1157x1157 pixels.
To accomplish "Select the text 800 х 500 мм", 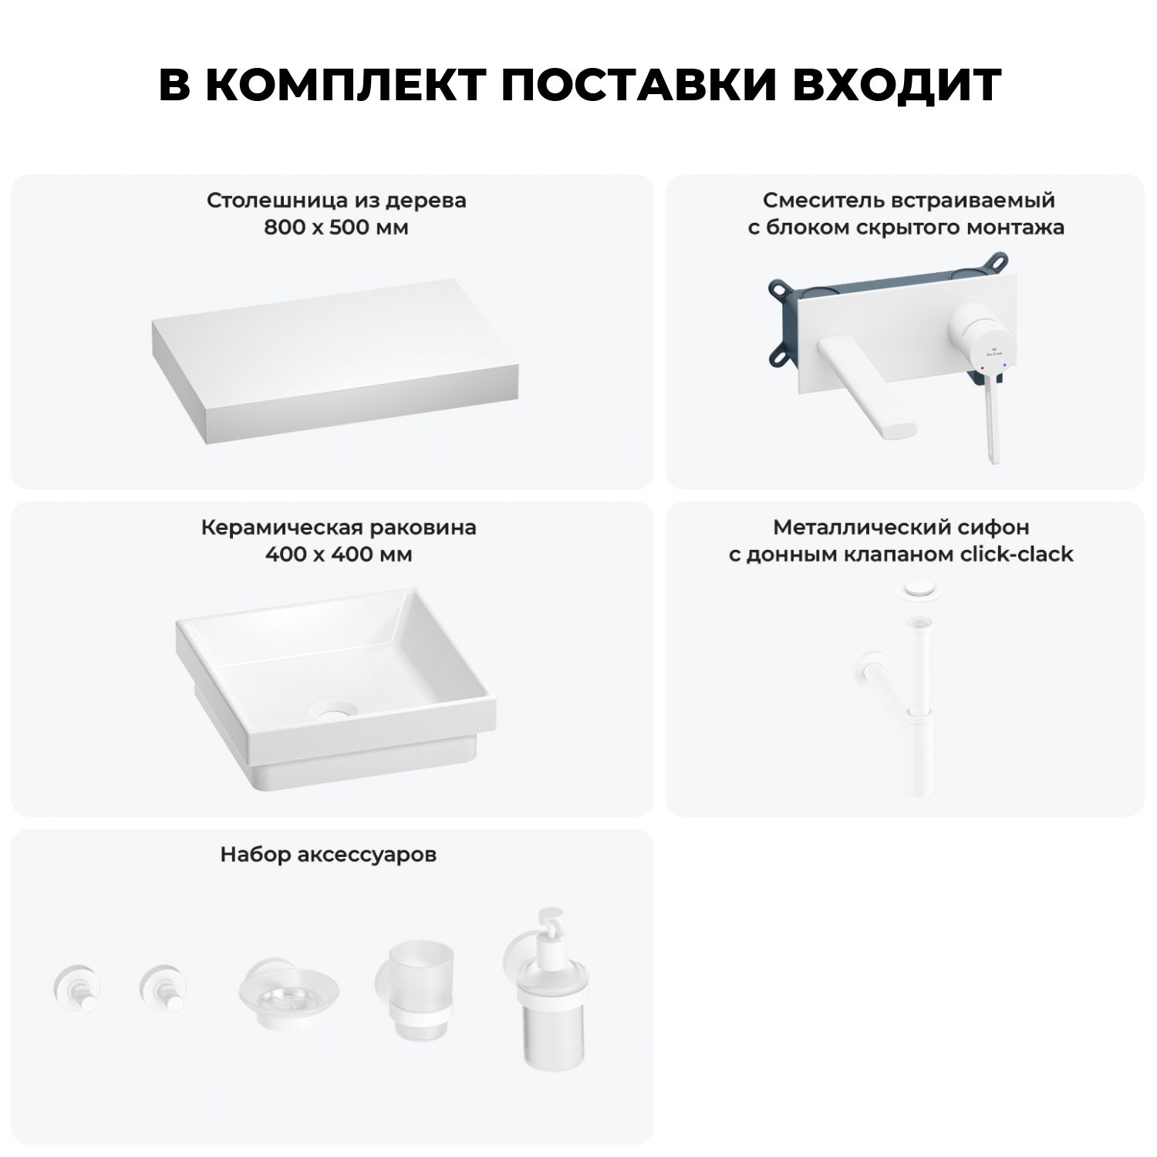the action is pos(336,228).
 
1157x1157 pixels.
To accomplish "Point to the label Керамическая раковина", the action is pos(339,528).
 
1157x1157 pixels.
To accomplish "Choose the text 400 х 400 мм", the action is pos(339,555).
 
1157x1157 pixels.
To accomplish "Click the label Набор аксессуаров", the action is pos(329,855).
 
